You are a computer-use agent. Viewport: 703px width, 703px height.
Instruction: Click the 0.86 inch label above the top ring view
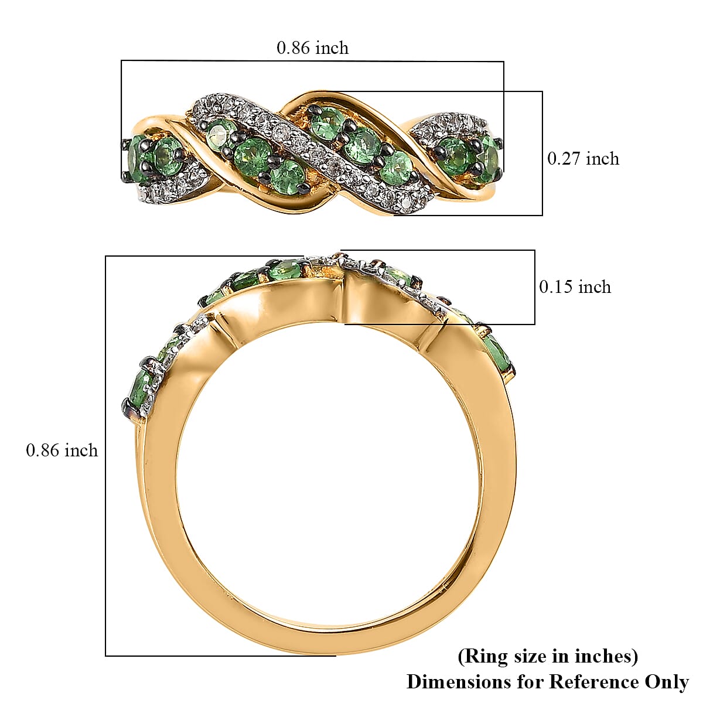point(312,47)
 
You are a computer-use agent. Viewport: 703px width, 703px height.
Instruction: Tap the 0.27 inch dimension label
point(583,158)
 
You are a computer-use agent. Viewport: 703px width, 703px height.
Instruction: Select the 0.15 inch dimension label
point(575,286)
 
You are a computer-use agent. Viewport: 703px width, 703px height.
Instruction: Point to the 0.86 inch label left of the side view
point(62,450)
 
